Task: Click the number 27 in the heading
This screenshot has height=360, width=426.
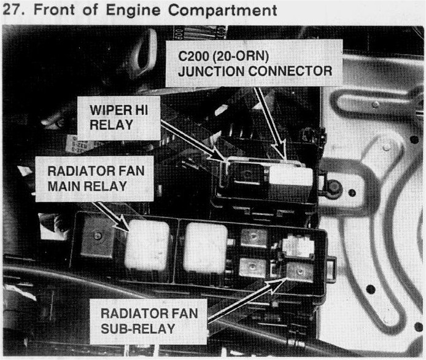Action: (x=14, y=11)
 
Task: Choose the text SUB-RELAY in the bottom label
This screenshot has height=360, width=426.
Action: (x=138, y=329)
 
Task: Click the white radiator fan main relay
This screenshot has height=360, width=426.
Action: (x=147, y=245)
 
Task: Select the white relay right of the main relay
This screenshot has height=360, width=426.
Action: (x=206, y=246)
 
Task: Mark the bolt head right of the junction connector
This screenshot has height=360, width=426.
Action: (x=333, y=188)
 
